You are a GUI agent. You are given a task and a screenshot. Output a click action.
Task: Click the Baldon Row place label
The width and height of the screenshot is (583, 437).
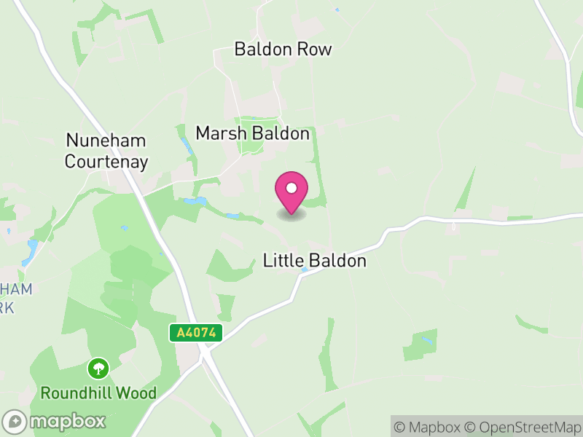283,50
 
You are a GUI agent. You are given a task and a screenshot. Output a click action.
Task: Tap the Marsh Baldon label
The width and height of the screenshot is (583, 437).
252,134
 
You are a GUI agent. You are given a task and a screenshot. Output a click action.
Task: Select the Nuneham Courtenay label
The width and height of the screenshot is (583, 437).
106,151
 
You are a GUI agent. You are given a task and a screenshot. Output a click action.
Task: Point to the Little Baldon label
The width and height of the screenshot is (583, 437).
314,261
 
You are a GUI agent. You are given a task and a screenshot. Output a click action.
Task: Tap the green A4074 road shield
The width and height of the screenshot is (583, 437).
196,333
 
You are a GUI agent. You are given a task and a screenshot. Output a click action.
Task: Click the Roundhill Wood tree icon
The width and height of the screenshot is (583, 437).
98,368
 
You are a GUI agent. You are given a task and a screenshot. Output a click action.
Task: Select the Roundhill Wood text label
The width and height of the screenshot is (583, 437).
98,393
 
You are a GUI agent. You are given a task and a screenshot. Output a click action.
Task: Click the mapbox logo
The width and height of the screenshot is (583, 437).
55,421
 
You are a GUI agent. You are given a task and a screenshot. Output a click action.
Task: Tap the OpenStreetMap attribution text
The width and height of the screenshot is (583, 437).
526,427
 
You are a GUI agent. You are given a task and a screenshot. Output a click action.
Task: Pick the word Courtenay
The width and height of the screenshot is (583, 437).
106,161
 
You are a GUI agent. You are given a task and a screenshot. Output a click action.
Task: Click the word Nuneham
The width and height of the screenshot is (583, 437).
106,140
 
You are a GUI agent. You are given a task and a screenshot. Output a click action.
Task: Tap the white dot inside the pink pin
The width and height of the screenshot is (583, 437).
291,189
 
